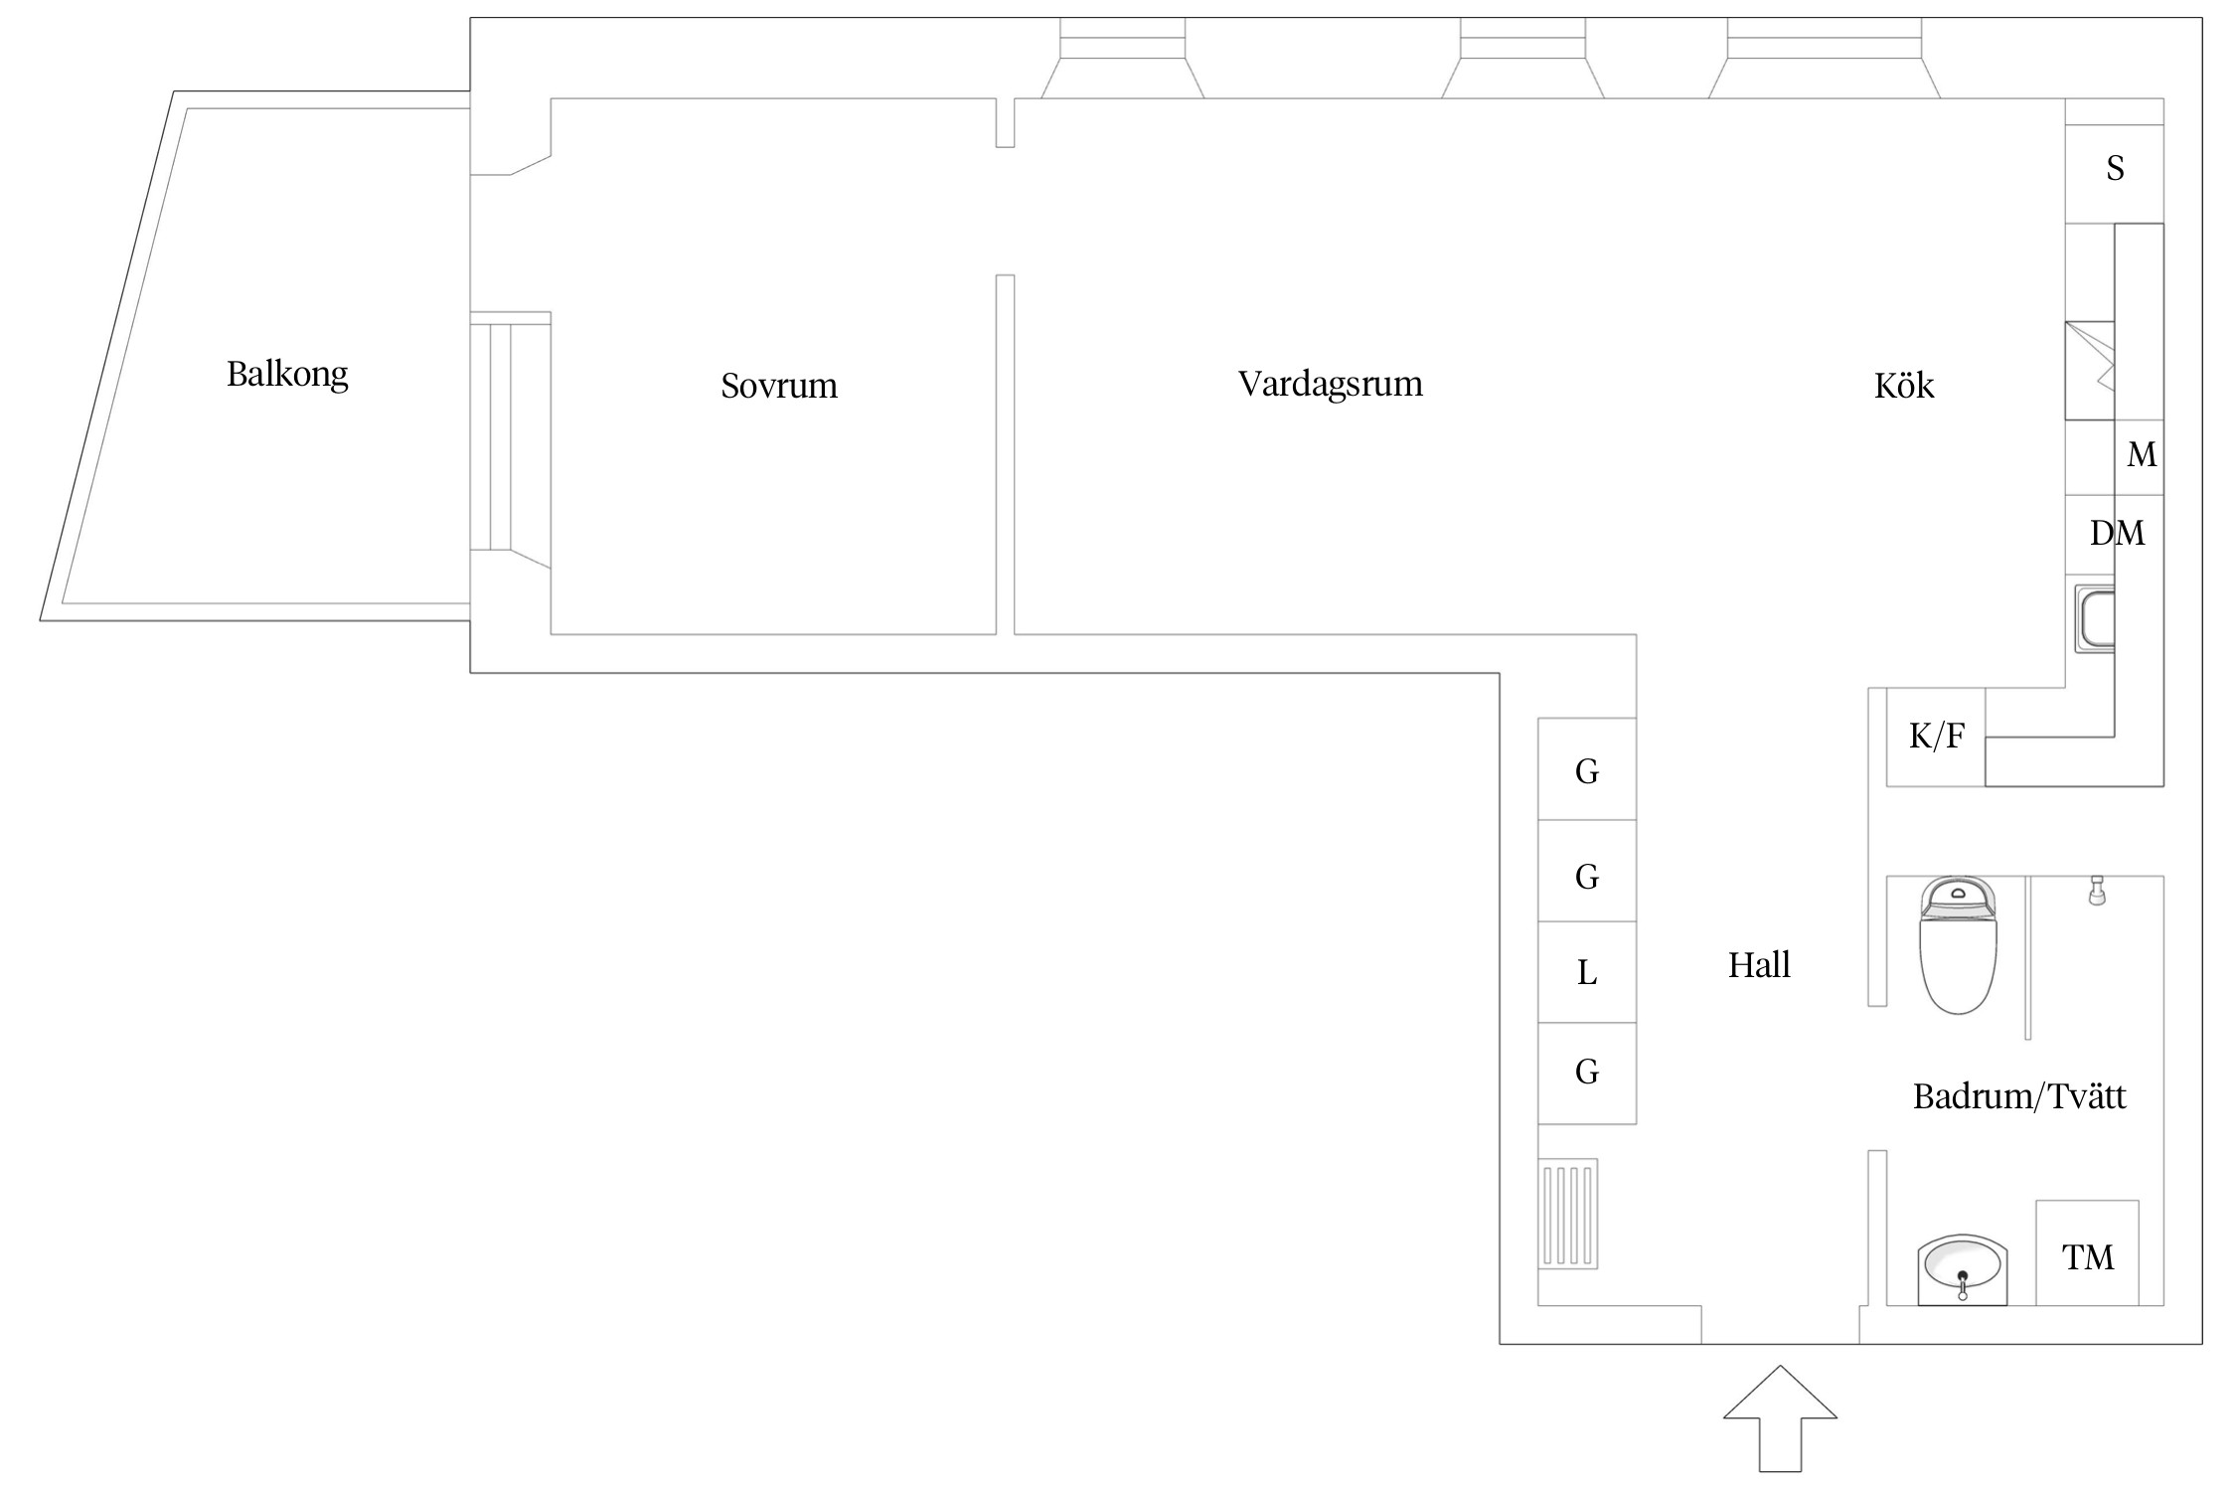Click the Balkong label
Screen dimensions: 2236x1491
point(287,375)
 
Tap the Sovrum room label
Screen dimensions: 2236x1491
point(779,386)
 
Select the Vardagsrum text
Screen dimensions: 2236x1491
point(1330,384)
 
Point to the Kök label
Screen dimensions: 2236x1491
point(1904,385)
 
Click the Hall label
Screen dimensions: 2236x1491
point(1759,965)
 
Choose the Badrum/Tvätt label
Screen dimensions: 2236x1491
point(2019,1096)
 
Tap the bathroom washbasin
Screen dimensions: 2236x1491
point(1962,1269)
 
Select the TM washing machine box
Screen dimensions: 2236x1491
point(2087,1252)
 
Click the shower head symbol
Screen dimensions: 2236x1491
point(2097,891)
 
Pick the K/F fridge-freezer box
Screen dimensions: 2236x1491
point(1936,737)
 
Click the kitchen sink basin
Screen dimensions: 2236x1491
point(2094,619)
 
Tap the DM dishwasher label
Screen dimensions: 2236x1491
point(2117,534)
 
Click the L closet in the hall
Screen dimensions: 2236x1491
point(1587,972)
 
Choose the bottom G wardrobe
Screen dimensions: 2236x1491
point(1587,1074)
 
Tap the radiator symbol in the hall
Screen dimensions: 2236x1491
point(1568,1214)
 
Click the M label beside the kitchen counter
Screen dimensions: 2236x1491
point(2142,455)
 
